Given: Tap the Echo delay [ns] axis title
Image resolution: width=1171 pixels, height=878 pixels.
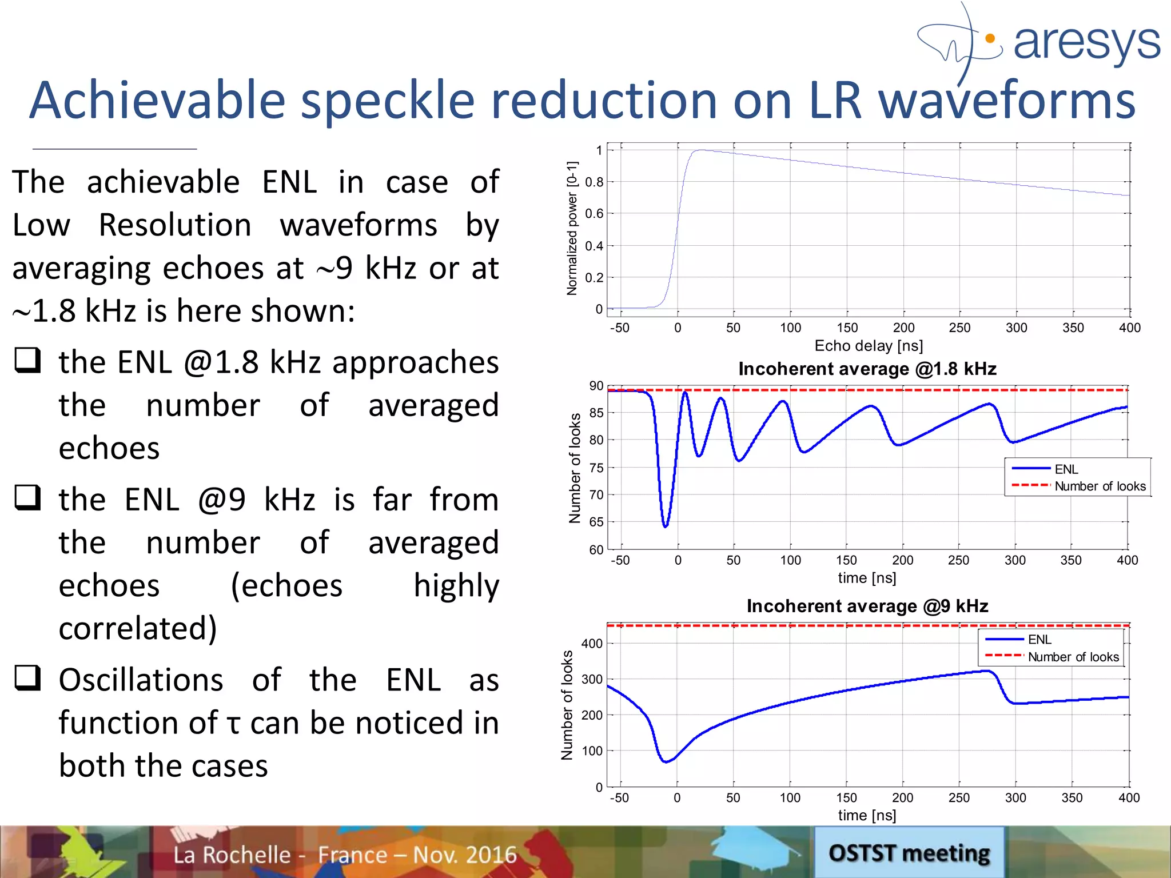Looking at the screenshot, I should pos(868,346).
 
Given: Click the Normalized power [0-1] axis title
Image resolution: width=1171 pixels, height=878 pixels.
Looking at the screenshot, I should pos(572,228).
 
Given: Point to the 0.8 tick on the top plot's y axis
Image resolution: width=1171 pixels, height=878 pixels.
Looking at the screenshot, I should pos(594,182).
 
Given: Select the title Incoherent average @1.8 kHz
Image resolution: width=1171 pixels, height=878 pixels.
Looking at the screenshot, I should pos(867,369).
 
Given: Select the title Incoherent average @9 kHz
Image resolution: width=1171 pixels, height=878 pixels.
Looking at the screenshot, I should pos(867,606).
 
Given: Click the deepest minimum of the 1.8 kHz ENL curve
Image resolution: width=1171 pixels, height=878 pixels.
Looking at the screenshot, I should pos(666,526).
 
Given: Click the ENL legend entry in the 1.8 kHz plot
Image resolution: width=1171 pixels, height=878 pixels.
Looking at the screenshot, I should pos(1066,469).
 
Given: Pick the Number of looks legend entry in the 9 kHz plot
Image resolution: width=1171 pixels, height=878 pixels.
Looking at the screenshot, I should pos(1073,657).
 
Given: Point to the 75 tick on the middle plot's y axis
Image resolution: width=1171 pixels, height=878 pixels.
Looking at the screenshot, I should pos(596,468).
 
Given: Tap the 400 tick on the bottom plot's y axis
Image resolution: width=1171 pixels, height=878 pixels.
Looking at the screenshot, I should pos(592,644).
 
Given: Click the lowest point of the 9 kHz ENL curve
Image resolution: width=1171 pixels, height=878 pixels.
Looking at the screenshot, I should pos(666,762).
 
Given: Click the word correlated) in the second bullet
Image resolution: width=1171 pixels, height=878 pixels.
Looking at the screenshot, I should pos(138,628).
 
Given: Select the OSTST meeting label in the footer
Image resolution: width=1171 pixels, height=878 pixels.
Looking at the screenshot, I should pos(909,853).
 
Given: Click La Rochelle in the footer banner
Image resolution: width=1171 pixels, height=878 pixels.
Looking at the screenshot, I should pos(232,855).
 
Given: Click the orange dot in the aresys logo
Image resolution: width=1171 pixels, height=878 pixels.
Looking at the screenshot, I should pos(991,39).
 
